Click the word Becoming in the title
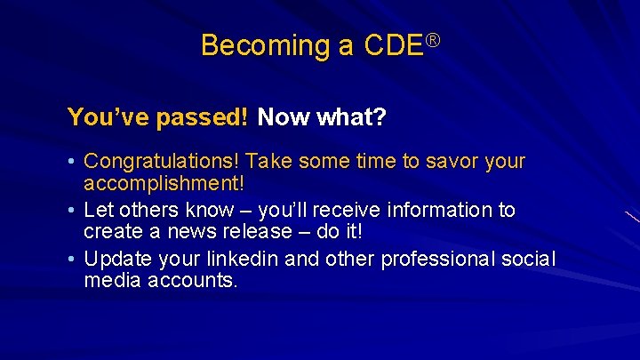point(253,45)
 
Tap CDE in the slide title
point(393,45)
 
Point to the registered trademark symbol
point(433,39)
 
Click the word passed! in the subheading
point(209,116)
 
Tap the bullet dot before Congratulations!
point(72,163)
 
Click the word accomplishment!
point(164,183)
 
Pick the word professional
point(434,260)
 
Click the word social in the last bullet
point(530,260)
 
